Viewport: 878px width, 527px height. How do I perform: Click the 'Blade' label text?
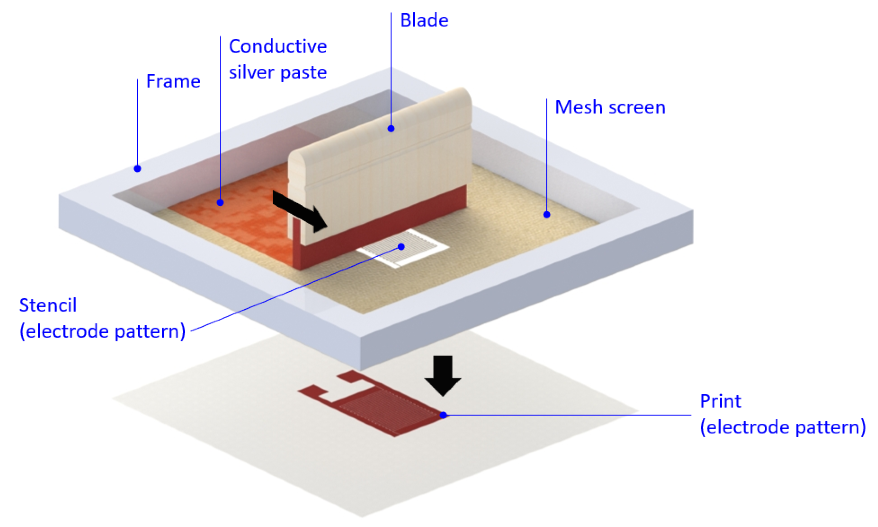tap(424, 20)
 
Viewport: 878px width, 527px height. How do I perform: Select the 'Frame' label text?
tap(173, 81)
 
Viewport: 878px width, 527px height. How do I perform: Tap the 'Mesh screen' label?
tap(610, 107)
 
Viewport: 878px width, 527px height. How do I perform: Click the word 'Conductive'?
tap(278, 46)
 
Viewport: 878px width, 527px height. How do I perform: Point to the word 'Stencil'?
tap(48, 306)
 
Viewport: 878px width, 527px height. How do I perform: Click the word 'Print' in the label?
tap(720, 401)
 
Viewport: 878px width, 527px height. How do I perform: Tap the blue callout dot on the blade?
tap(391, 129)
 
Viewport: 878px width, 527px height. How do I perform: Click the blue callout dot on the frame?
tap(137, 169)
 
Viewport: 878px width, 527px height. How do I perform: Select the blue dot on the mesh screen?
tap(546, 215)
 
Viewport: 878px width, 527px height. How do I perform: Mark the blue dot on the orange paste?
tap(220, 203)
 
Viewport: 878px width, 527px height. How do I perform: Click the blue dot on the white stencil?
tap(401, 246)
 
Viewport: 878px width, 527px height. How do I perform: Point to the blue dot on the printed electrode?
tap(443, 415)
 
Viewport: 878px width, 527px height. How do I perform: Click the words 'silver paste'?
tap(278, 73)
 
